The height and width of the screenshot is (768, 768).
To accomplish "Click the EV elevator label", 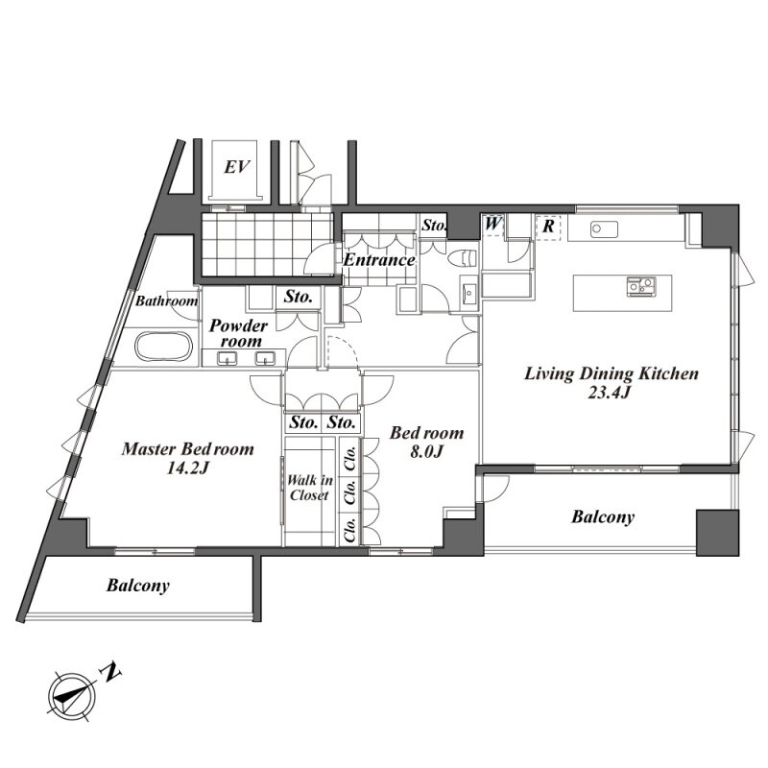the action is coord(237,167).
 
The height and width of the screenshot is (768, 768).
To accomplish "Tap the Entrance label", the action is coord(379,259).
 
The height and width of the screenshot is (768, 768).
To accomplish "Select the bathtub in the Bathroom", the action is coord(163,347).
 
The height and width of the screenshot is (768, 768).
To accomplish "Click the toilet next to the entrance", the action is coord(463,258).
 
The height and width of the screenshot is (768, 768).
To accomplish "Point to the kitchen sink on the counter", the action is coord(604,229).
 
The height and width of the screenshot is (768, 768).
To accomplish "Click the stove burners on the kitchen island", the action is coord(641,286).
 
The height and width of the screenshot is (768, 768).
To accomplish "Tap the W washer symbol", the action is coord(493,225).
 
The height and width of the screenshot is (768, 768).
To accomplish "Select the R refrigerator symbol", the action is coord(548,226).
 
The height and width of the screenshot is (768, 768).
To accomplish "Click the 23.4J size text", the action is coord(609,393).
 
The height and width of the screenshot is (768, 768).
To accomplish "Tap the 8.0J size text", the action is coord(426,451).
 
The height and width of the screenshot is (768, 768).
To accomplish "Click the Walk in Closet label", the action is coord(310,488).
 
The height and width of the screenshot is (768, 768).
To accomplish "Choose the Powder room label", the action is coord(239,333).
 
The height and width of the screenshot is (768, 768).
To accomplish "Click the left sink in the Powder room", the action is coord(228,358).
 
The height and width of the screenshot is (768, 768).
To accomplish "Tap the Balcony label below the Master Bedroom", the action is coord(138,586).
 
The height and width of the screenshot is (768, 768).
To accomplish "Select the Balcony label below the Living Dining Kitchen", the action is coord(603,517).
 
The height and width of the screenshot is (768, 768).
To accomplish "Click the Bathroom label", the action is coord(167,300).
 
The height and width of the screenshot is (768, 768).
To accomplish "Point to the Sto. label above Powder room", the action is coord(299,297).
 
